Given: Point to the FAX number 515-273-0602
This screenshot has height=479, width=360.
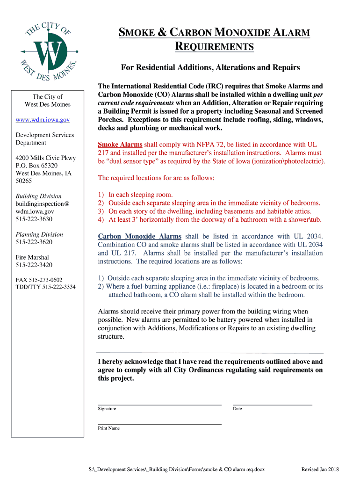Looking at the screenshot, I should tap(39, 279).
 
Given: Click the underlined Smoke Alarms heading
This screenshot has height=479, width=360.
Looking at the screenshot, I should tap(120, 145).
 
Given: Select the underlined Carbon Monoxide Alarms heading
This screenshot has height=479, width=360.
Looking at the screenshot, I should tap(139, 236).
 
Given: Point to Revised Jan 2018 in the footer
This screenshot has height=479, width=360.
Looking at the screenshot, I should tap(320, 469).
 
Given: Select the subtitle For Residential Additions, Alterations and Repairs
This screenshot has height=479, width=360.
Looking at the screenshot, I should tap(210, 68).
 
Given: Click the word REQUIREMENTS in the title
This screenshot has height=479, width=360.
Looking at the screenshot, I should tap(215, 46).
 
